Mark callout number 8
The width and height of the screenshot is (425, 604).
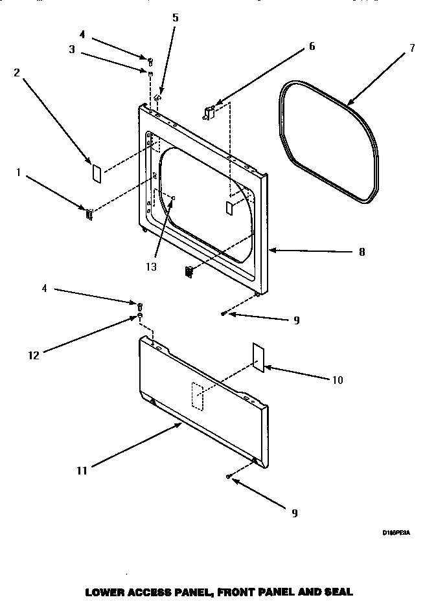click(361, 252)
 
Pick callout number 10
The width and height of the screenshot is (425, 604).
click(336, 379)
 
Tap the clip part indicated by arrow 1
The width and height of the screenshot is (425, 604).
click(88, 214)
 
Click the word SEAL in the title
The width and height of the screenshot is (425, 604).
click(339, 592)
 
